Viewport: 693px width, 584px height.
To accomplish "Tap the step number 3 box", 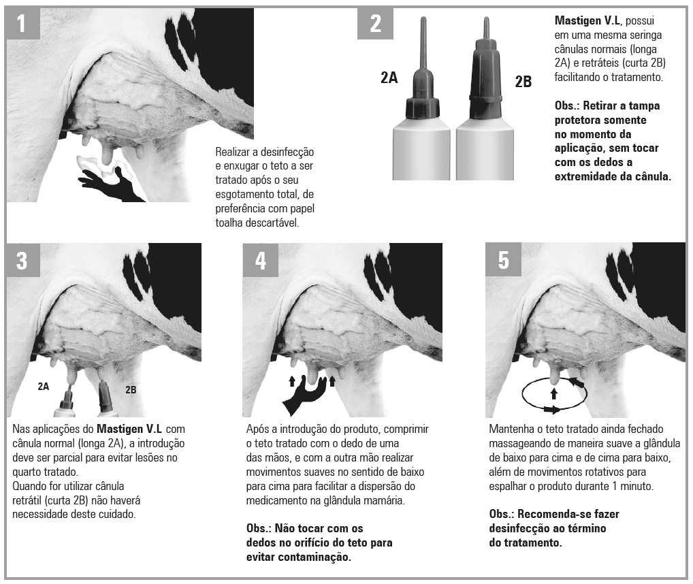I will tap(22, 260).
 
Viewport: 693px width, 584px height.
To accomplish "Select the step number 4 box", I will tap(261, 260).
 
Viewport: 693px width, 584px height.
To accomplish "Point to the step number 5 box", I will tap(503, 260).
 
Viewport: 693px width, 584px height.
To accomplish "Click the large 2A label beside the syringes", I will tap(389, 78).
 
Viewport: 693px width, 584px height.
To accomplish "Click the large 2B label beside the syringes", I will tap(523, 82).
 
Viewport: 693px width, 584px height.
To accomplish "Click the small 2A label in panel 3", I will tap(44, 386).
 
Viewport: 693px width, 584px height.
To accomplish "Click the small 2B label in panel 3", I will tap(131, 390).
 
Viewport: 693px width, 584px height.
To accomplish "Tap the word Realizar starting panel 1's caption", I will tap(234, 152).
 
